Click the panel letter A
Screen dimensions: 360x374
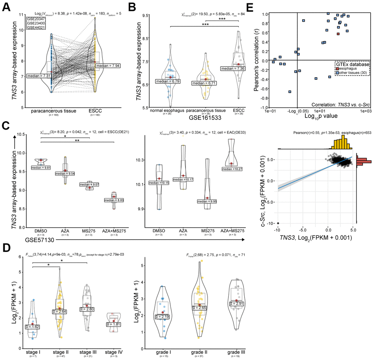click(x=7, y=7)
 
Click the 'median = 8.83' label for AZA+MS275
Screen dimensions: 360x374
click(x=114, y=200)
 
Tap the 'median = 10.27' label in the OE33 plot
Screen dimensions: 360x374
click(x=231, y=169)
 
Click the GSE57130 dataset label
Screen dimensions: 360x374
click(x=40, y=239)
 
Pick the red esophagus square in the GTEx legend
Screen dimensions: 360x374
click(x=338, y=67)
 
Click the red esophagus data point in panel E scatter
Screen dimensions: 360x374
click(x=338, y=34)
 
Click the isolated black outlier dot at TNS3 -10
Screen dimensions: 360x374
click(x=278, y=223)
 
